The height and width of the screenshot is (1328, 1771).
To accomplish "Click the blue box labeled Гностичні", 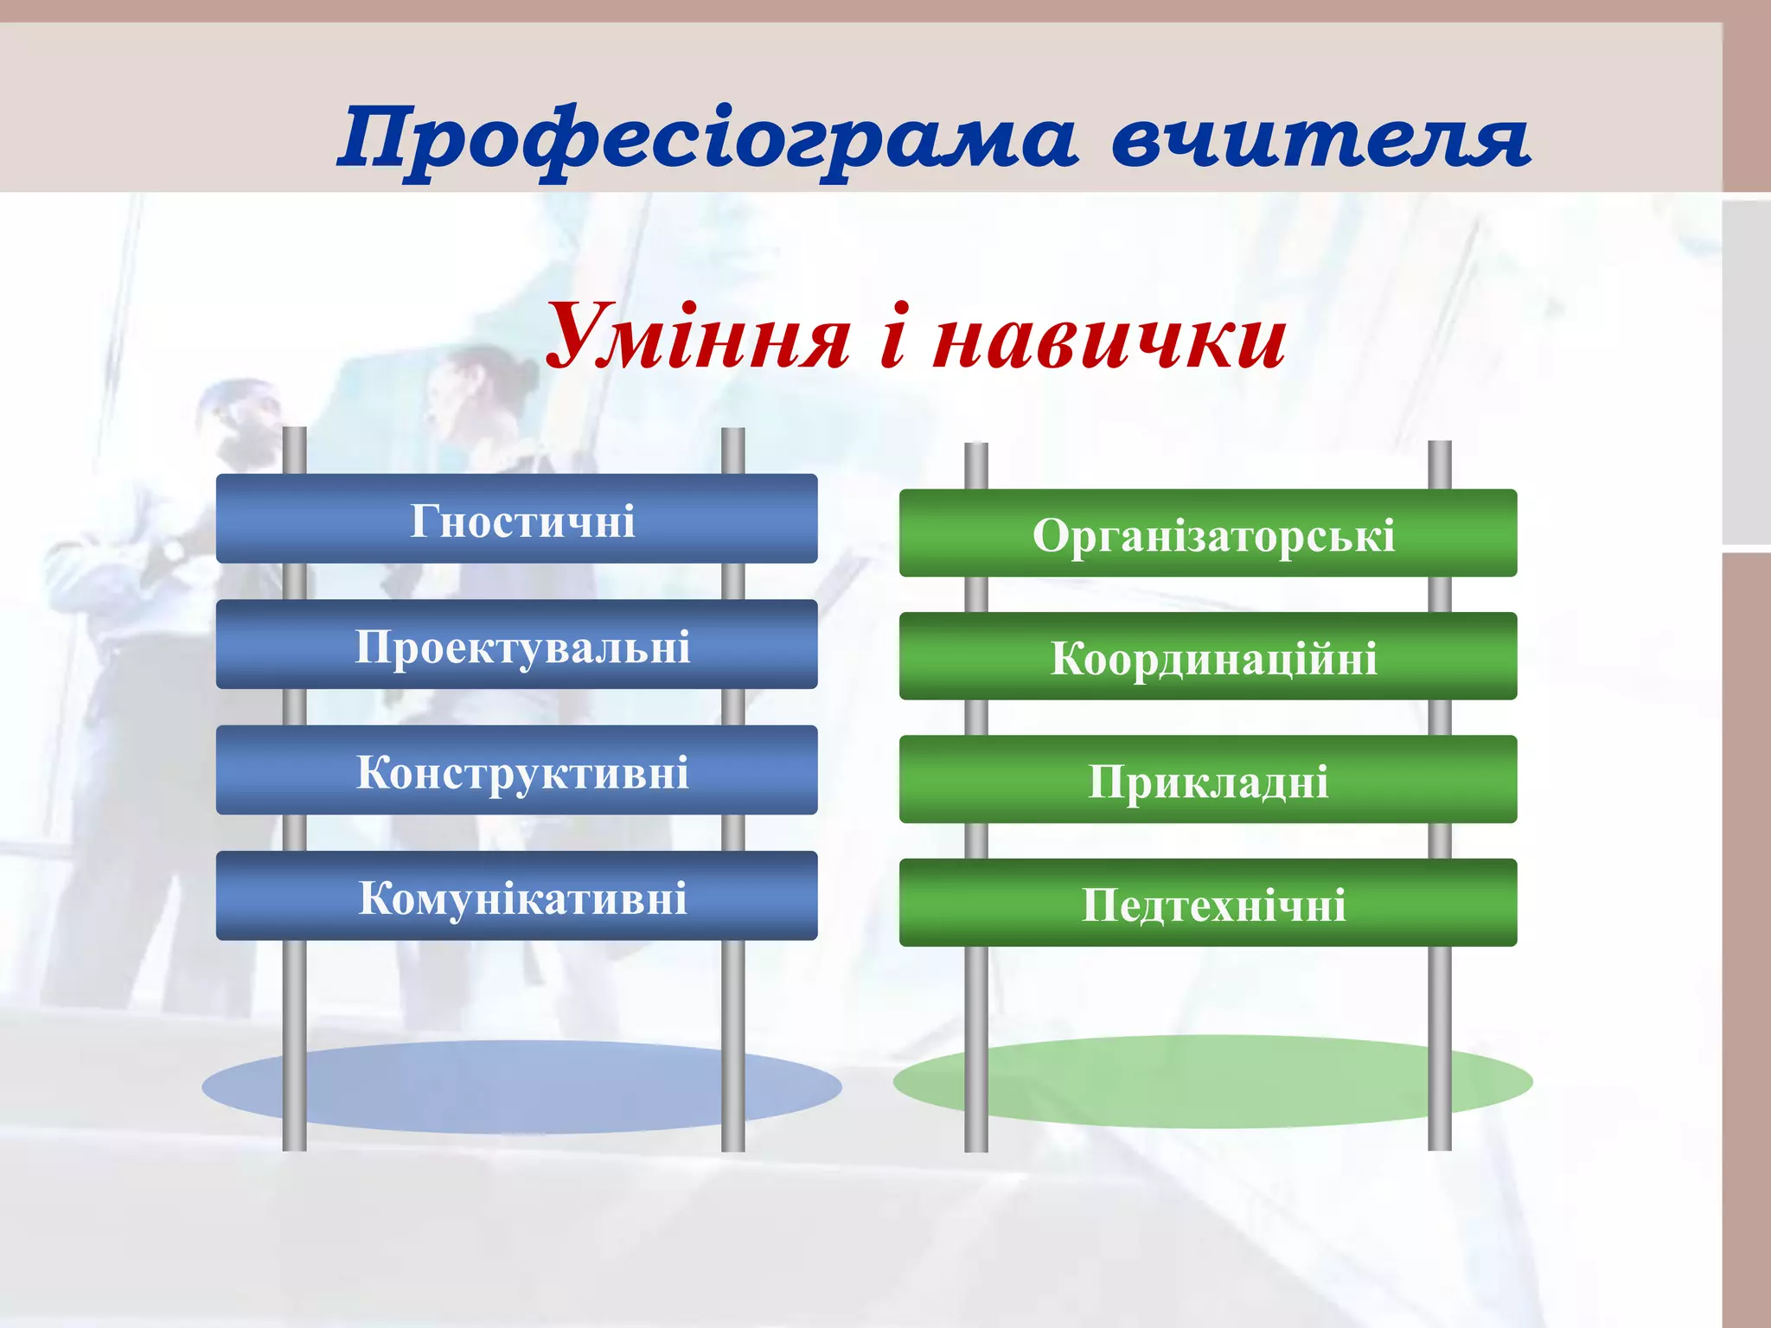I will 516,519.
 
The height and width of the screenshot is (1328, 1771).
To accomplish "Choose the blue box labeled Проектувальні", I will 516,644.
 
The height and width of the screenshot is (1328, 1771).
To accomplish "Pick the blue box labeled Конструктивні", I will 516,770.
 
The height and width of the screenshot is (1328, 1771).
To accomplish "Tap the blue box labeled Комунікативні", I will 516,896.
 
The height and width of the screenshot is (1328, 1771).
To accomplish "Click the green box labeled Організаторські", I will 1207,533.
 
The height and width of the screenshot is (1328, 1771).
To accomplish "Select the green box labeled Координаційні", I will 1207,656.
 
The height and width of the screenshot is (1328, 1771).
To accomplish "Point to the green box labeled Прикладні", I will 1207,780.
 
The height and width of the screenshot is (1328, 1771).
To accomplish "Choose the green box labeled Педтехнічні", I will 1207,903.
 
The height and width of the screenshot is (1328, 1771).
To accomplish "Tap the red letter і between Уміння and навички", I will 893,337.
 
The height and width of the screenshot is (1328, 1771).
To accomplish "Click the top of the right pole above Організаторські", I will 1440,450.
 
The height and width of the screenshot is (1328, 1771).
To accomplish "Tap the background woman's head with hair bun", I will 484,380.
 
